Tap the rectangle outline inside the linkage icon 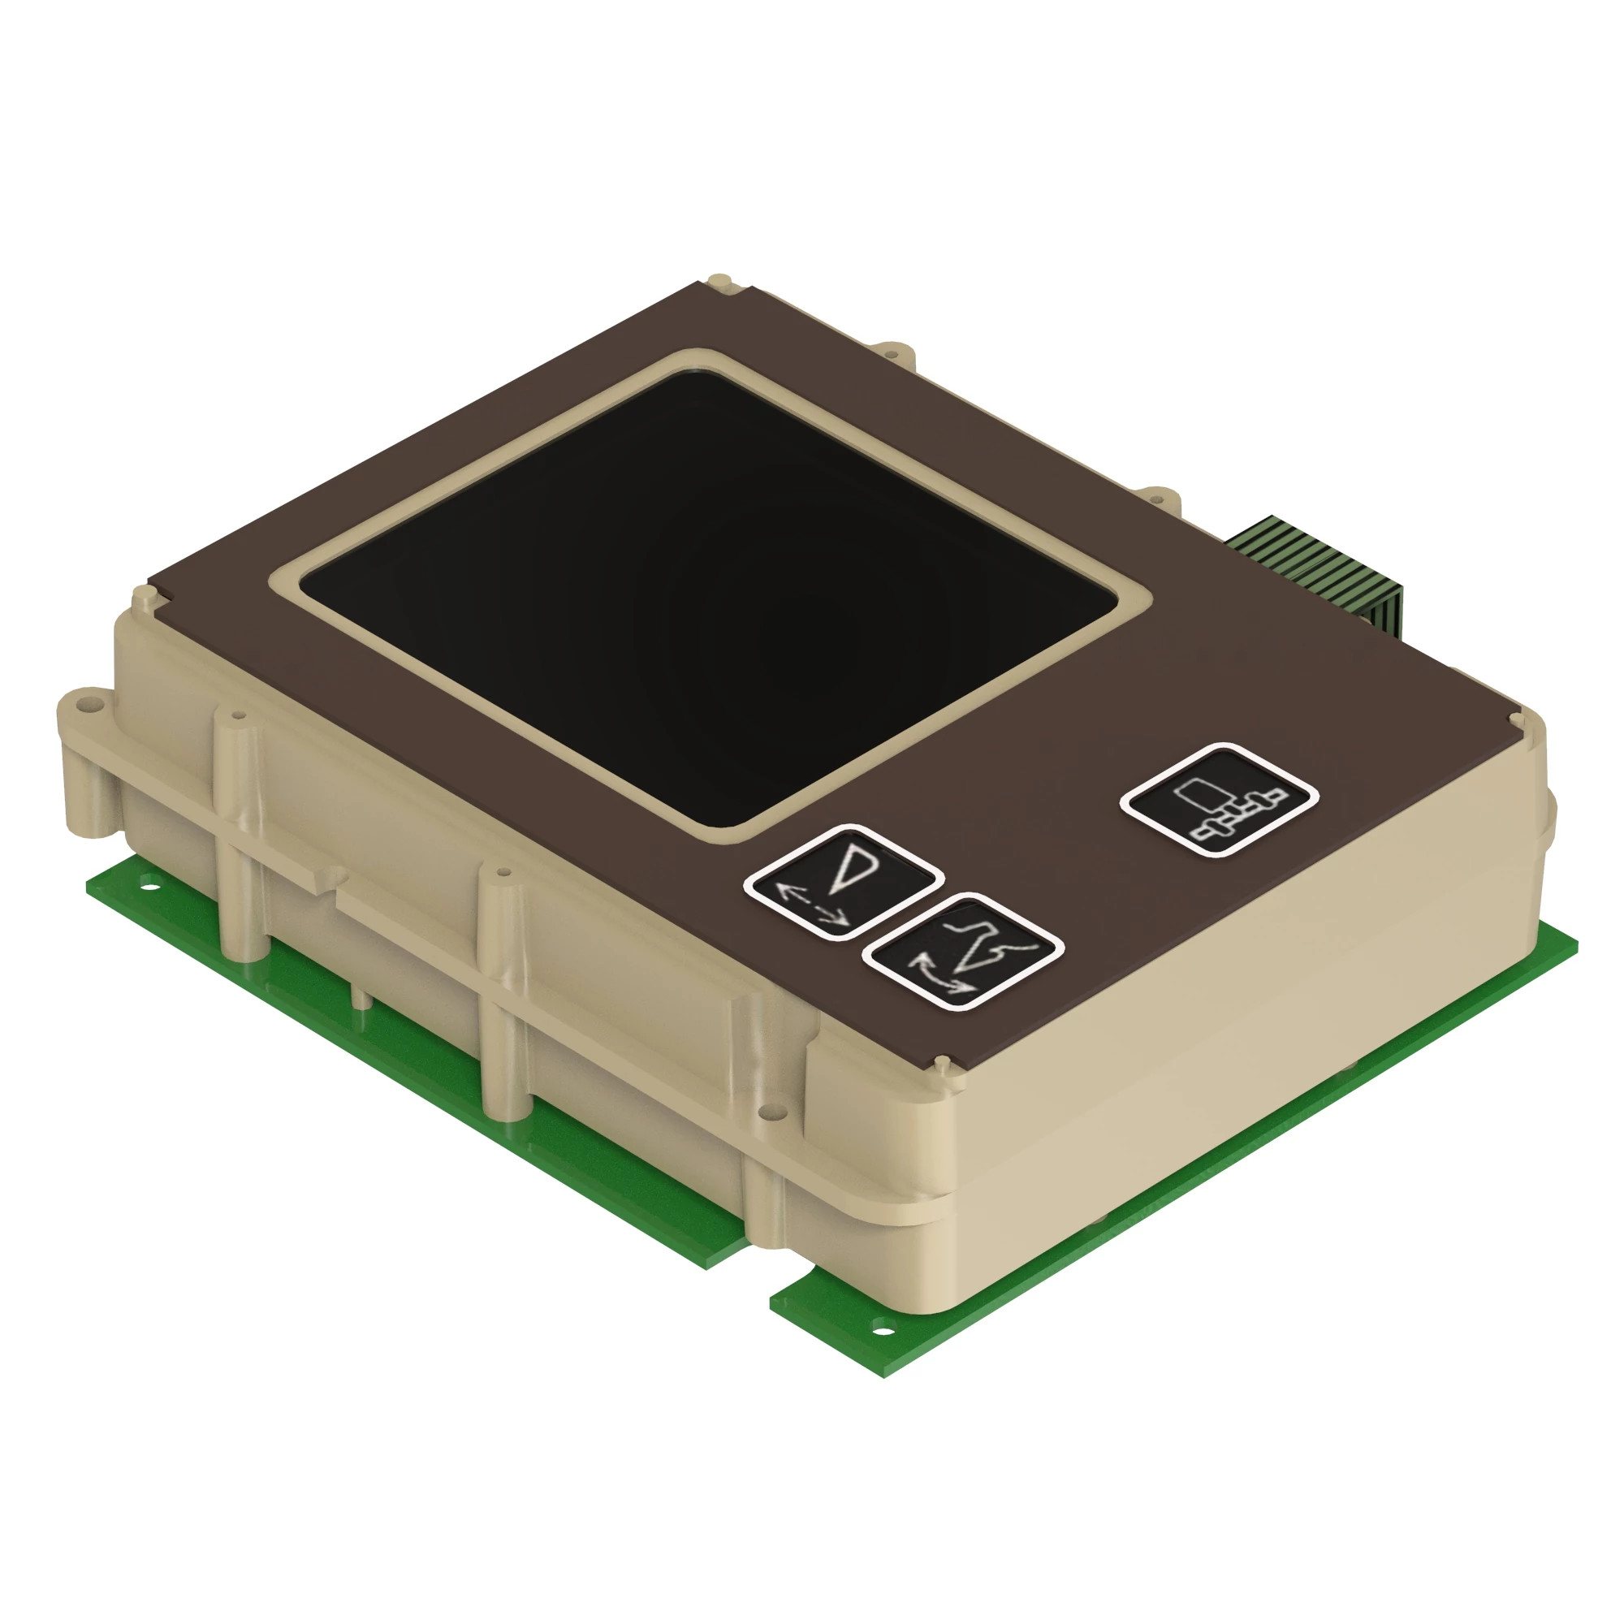[x=1199, y=790]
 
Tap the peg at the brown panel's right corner [x=1515, y=718]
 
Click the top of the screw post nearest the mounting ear [x=238, y=717]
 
